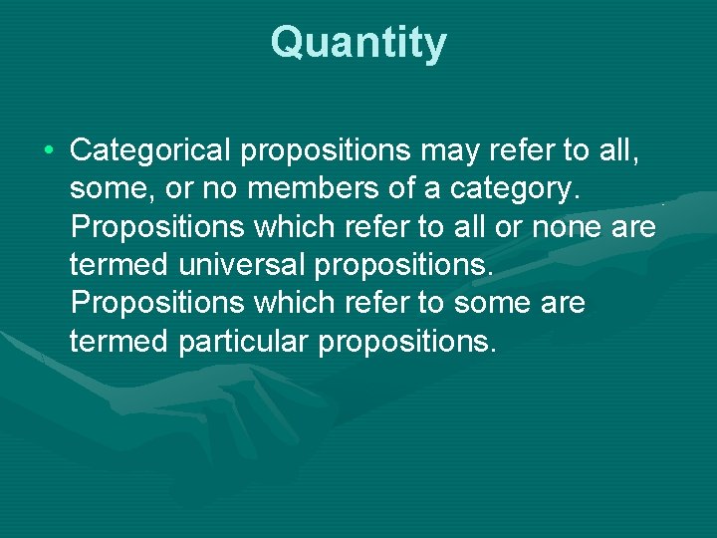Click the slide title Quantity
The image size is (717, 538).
[x=358, y=44]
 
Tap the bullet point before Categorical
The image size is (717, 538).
[x=49, y=151]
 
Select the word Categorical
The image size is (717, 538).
[x=150, y=151]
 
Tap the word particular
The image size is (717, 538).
[x=244, y=341]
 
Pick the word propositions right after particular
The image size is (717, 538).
[x=406, y=341]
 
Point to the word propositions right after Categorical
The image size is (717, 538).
[x=326, y=151]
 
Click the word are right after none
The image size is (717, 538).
[x=635, y=227]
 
